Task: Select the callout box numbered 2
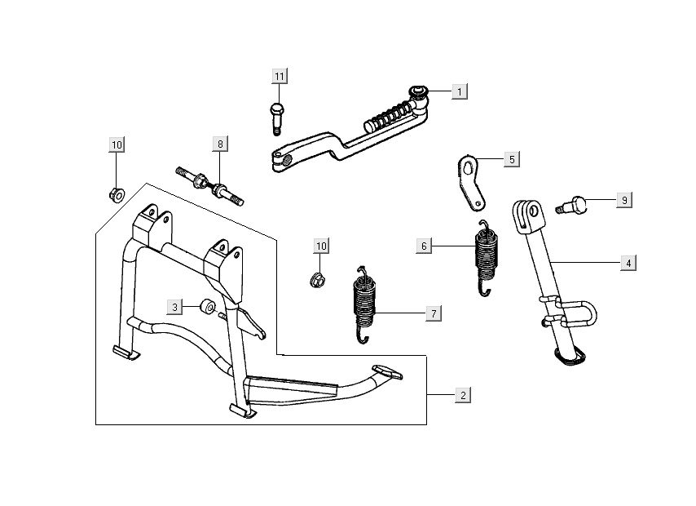click(x=463, y=395)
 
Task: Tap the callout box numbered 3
click(x=174, y=307)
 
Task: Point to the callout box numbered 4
click(x=628, y=263)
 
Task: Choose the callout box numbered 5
click(x=511, y=158)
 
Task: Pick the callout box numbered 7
click(x=434, y=313)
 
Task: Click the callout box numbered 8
click(x=219, y=144)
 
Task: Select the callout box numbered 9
click(x=624, y=199)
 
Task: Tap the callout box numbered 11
click(x=280, y=77)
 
